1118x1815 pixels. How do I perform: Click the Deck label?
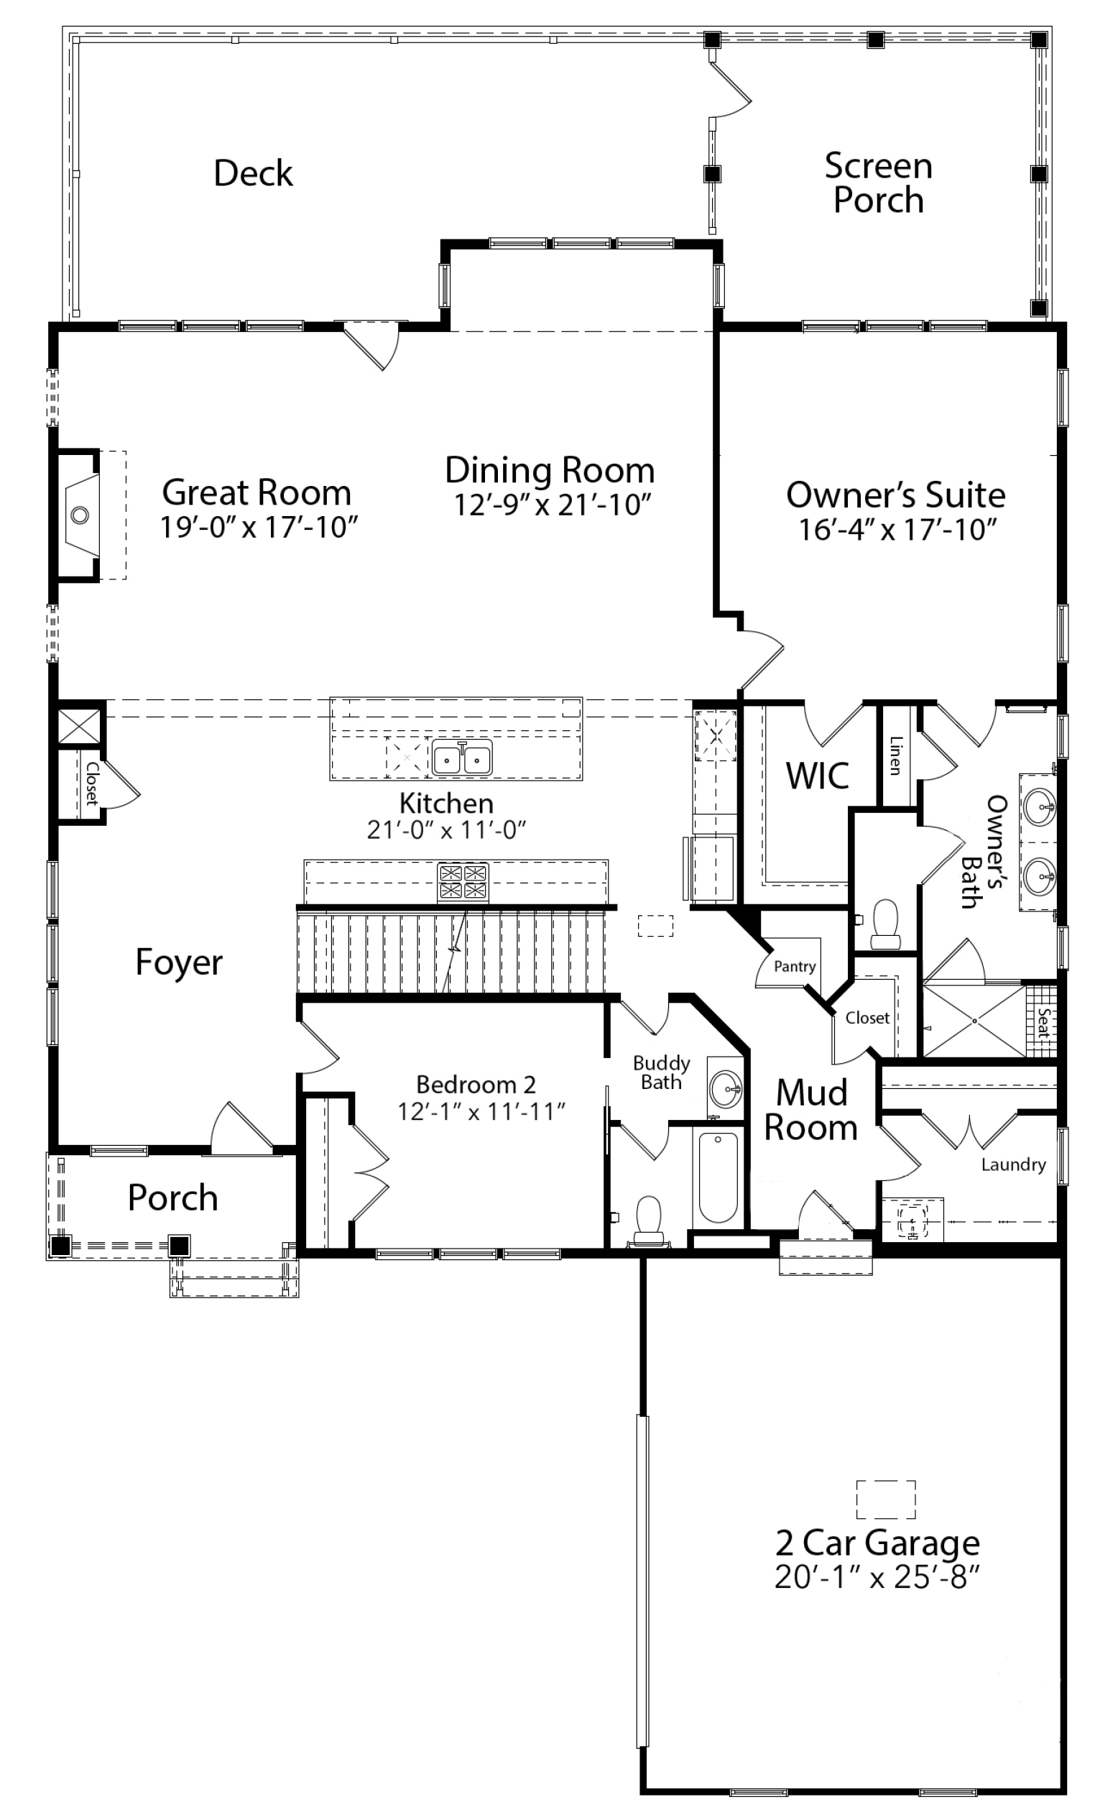click(x=253, y=173)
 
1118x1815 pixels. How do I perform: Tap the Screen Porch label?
click(x=878, y=183)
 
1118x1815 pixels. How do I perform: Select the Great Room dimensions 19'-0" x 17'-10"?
click(x=259, y=528)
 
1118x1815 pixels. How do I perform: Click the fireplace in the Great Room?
click(x=80, y=515)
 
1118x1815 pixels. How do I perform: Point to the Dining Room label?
click(x=550, y=470)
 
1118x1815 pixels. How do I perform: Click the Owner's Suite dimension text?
click(x=897, y=530)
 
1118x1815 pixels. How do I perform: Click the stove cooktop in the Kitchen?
click(x=463, y=881)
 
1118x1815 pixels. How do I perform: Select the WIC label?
click(x=816, y=776)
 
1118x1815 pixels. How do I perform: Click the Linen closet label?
click(x=895, y=755)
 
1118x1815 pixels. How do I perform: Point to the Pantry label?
click(x=795, y=966)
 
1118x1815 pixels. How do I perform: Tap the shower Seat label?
click(x=1043, y=1022)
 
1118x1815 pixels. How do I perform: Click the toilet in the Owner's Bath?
click(x=884, y=924)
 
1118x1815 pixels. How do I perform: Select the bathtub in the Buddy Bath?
click(x=718, y=1177)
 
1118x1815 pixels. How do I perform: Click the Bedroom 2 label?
click(x=476, y=1084)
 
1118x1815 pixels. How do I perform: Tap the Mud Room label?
click(x=810, y=1110)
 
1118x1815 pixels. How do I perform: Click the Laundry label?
click(x=1013, y=1165)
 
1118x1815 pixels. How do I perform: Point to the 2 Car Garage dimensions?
click(x=877, y=1579)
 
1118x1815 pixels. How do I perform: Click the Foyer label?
click(x=179, y=962)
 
